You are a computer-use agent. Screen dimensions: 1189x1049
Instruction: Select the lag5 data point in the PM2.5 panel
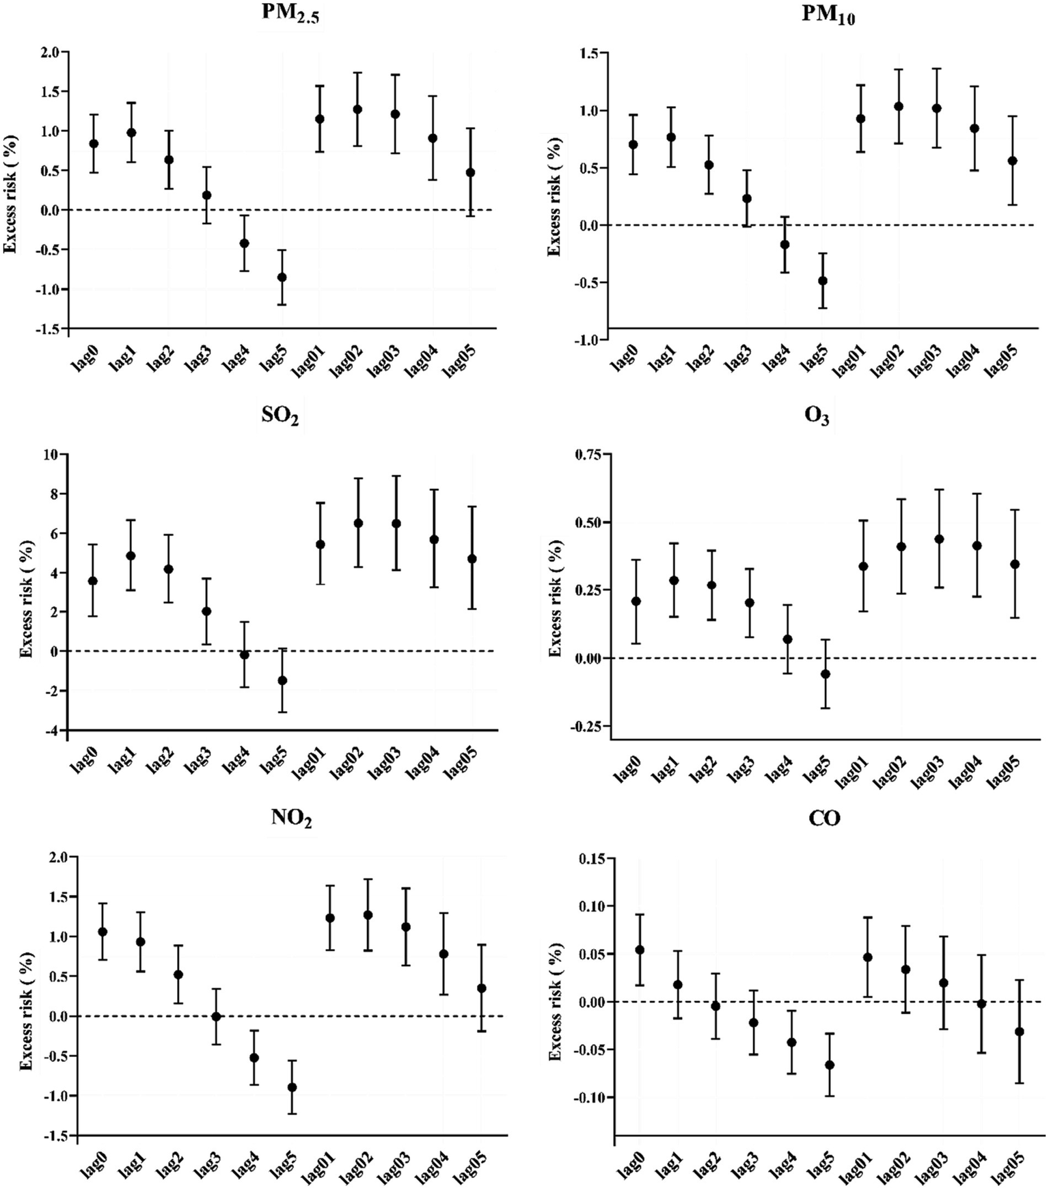282,277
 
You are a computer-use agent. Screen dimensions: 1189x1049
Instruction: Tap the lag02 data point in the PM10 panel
899,106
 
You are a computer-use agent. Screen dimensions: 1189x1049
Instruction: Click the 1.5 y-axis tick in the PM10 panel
590,53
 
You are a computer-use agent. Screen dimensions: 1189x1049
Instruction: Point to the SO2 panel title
280,416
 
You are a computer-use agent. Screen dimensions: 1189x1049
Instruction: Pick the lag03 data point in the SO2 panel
394,523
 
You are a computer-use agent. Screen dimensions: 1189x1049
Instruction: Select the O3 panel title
817,416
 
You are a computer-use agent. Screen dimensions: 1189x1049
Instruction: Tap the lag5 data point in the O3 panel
826,673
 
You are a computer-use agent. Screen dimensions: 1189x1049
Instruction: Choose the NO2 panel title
291,818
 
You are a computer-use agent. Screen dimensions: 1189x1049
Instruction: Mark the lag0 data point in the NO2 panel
103,931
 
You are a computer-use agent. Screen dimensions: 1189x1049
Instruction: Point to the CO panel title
824,818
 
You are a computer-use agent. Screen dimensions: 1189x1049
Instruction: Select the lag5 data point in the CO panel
830,1065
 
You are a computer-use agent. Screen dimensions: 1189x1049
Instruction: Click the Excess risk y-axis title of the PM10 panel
554,197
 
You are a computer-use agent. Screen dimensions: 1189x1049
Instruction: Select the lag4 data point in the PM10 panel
785,244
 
